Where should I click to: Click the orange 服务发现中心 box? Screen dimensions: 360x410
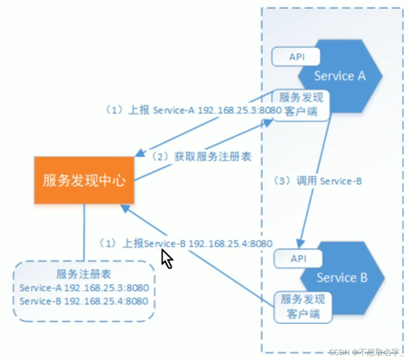(x=84, y=180)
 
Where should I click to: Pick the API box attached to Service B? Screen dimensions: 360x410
(x=298, y=259)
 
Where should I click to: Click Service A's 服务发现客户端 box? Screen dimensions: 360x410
(x=301, y=105)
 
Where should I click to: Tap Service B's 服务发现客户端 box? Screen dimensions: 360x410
(x=303, y=306)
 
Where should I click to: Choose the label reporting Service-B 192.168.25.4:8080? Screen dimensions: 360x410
(x=186, y=244)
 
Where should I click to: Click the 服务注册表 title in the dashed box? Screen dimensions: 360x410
(x=84, y=274)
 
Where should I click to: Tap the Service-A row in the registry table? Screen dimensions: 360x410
(x=84, y=288)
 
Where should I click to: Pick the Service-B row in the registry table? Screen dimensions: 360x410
(x=84, y=301)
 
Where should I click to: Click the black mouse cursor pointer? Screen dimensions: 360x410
(x=166, y=258)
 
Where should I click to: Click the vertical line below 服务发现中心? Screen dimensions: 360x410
(x=84, y=232)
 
